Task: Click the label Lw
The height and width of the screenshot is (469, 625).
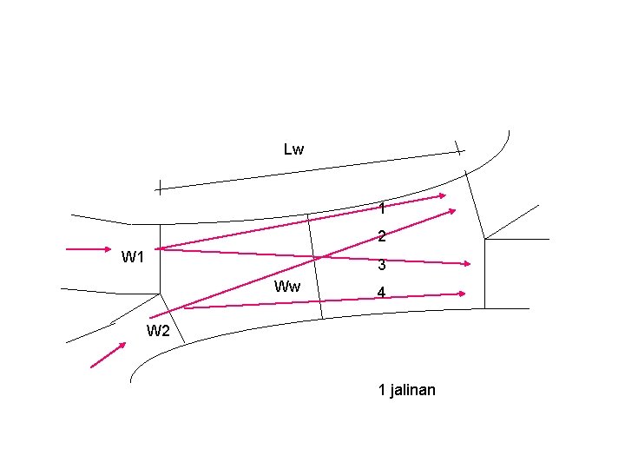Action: click(x=293, y=149)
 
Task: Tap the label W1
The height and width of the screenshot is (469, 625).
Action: click(x=133, y=257)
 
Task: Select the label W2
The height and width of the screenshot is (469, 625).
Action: click(x=158, y=330)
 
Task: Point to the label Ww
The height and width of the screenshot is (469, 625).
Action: click(x=287, y=287)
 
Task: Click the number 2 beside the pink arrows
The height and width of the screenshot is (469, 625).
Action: click(x=381, y=236)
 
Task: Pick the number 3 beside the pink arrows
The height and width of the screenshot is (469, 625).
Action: click(x=381, y=266)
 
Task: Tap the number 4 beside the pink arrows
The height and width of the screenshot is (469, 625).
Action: click(x=381, y=294)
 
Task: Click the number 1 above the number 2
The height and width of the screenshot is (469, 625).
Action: click(x=382, y=208)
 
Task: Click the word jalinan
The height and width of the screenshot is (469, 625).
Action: click(x=413, y=390)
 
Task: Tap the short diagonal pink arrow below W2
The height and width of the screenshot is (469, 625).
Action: click(x=109, y=354)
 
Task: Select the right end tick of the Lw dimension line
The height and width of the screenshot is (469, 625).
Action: click(x=459, y=149)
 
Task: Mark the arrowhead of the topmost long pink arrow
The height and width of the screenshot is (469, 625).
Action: click(x=442, y=195)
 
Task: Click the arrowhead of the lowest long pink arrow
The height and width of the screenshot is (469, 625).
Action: click(x=463, y=294)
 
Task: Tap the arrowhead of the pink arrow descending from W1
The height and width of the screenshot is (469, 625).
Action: click(x=467, y=263)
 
